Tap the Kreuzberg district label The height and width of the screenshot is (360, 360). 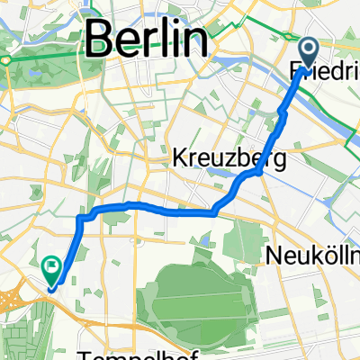[x=229, y=160]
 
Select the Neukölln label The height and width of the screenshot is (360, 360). [x=313, y=256]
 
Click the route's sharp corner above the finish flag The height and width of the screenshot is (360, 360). [x=82, y=217]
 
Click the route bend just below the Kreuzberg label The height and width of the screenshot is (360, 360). [x=239, y=184]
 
